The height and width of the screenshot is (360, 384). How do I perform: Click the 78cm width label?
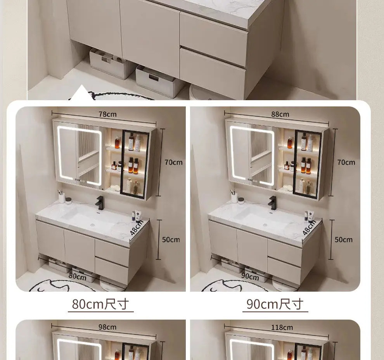click(x=107, y=114)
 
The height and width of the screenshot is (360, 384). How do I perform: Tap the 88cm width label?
click(x=280, y=114)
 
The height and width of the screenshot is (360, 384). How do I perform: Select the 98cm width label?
click(x=107, y=327)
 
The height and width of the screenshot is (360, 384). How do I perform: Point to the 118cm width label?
click(x=282, y=327)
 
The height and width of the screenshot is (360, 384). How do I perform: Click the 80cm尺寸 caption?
click(x=100, y=304)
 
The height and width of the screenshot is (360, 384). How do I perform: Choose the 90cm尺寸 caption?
click(x=275, y=304)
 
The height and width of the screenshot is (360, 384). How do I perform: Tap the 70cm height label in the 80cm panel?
click(x=173, y=162)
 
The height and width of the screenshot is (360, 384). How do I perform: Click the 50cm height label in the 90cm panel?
click(x=343, y=240)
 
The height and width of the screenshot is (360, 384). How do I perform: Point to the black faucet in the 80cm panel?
click(x=100, y=203)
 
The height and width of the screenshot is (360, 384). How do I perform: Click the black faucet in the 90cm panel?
click(x=272, y=203)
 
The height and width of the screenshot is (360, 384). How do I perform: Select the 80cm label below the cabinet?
click(x=78, y=277)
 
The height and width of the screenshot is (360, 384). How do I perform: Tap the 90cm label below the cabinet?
click(x=250, y=277)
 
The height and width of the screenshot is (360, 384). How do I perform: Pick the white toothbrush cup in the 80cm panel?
click(x=62, y=198)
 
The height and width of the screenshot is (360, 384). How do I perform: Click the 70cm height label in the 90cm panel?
click(x=346, y=162)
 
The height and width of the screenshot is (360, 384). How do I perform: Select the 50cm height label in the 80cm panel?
click(x=171, y=240)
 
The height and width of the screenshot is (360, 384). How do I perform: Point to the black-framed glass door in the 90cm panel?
click(x=308, y=164)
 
